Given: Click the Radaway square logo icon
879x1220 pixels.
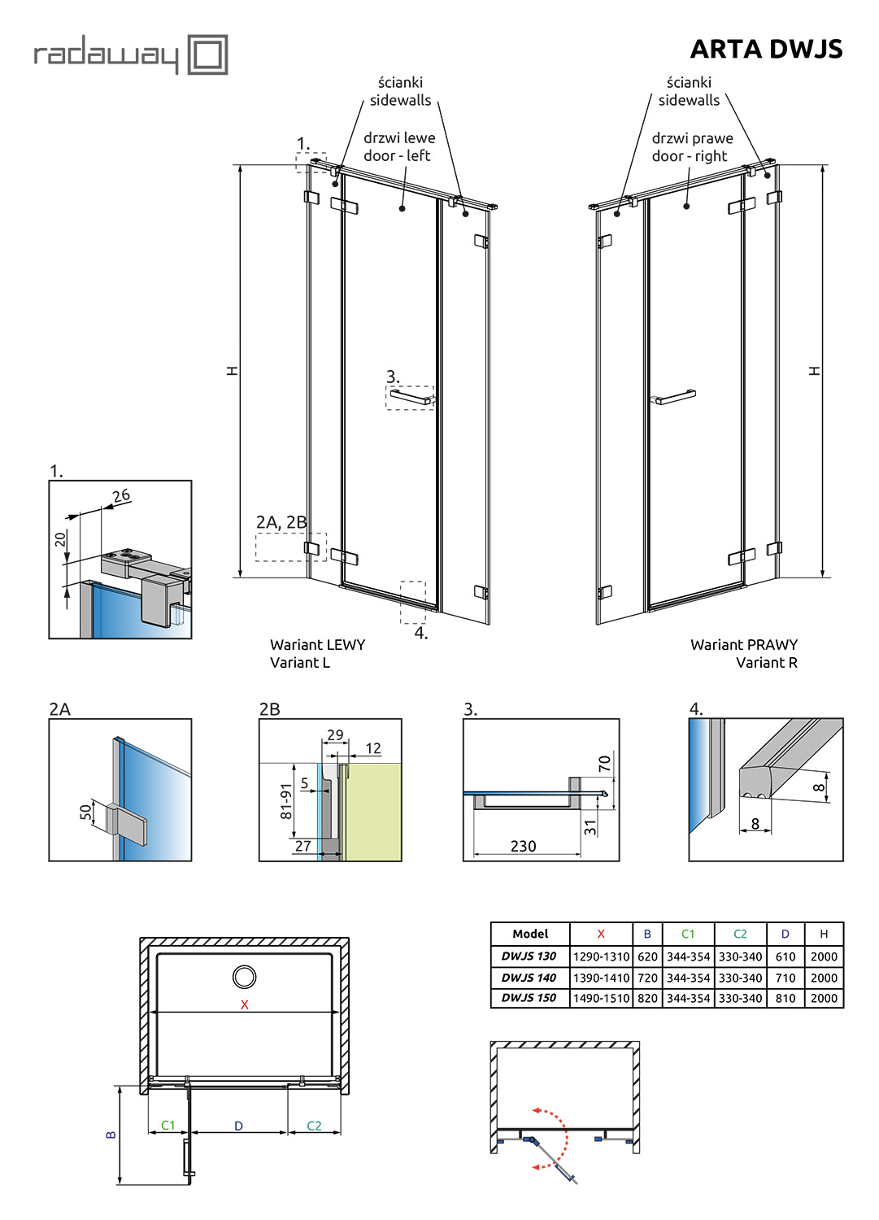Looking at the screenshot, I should point(207,54).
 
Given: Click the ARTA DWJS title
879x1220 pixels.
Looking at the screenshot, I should point(766,50).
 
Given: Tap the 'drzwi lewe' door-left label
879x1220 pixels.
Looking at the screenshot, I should point(399,138).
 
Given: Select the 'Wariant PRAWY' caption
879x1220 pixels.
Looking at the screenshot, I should point(743,644).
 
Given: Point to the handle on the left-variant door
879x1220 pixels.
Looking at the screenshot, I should point(411,398).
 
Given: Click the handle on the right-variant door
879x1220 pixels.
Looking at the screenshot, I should point(675,397).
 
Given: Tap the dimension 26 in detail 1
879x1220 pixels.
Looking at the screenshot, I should point(121,495).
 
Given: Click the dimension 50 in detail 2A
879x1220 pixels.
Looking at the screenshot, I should point(85,812).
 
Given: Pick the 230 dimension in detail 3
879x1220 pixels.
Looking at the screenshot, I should point(523,846).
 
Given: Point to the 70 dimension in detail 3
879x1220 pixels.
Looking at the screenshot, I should point(604,764).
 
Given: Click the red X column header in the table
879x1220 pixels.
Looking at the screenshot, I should point(601,934).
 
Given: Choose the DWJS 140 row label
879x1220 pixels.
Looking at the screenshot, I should point(529,978).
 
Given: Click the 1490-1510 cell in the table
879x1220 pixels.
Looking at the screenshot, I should point(601,998).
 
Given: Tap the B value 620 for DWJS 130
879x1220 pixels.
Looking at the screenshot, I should point(647,956).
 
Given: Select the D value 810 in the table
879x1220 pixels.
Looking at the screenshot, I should point(785,998).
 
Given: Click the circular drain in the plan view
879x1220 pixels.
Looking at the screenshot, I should point(244,976).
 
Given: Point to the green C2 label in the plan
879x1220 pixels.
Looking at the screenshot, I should point(314,1126).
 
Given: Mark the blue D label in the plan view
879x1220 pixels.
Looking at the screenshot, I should point(238,1126).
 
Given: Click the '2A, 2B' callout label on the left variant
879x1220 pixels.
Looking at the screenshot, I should point(281,522).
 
